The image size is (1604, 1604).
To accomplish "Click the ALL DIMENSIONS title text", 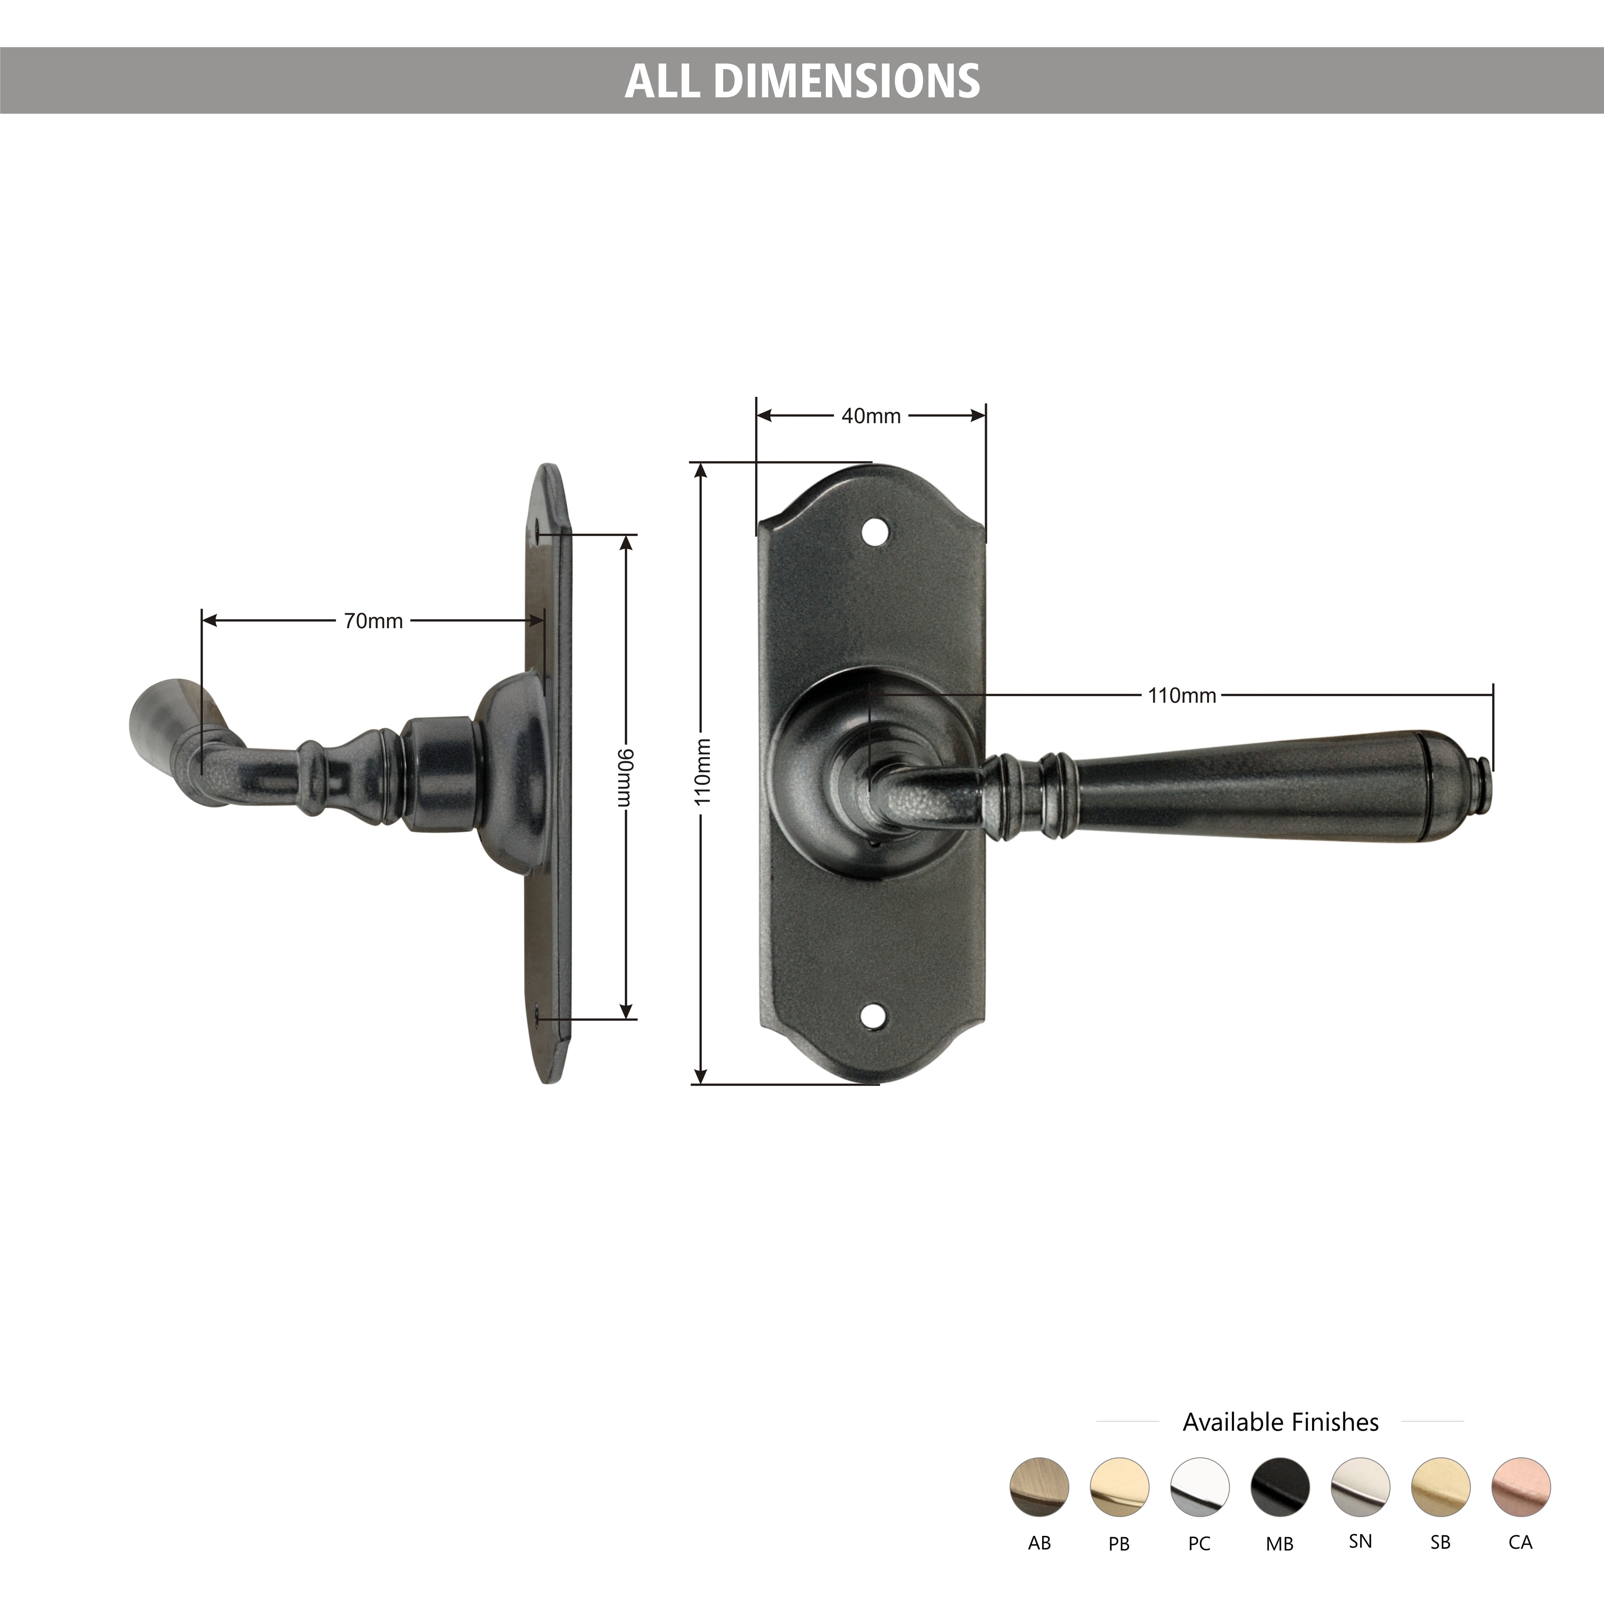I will [802, 81].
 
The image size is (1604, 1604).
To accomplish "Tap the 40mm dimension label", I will [871, 416].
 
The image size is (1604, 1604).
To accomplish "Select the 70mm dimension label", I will [373, 621].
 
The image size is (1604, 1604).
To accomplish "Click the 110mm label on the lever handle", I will [1181, 696].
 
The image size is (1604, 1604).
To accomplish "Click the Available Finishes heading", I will [1280, 1422].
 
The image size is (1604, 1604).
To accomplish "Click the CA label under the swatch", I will [1520, 1543].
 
